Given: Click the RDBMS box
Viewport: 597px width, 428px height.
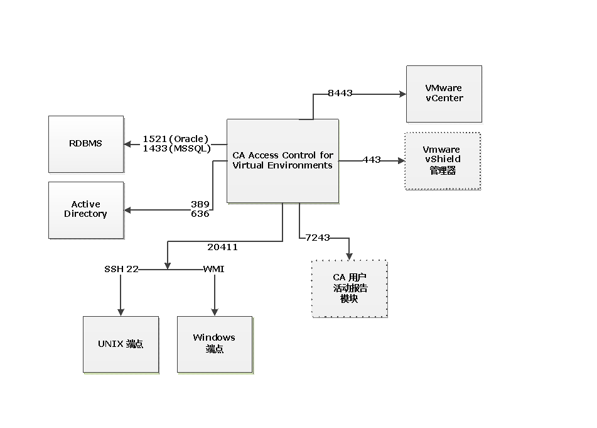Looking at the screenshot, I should pos(86,144).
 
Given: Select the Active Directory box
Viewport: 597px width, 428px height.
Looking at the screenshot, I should pos(86,210).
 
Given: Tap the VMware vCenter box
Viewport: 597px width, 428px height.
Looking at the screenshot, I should pos(444,94).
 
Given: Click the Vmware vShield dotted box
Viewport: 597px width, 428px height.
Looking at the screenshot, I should pos(443,161).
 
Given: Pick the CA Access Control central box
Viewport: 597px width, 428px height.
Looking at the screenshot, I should pos(282,161).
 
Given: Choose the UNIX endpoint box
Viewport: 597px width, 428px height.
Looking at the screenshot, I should pos(121,344).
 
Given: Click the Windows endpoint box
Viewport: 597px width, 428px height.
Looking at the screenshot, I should pos(215,344).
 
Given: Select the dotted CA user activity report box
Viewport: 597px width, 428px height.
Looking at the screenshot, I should pos(350,289).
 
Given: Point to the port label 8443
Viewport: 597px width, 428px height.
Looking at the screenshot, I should pos(340,93).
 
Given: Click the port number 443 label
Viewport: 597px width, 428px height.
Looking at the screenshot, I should pos(372,160).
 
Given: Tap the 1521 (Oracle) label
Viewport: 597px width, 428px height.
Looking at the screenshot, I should pos(176,139).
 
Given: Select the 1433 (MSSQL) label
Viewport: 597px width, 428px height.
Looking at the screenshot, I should pos(176,149).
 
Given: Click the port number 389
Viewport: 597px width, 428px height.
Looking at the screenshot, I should pos(200,204).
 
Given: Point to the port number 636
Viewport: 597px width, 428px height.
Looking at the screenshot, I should pos(200,214).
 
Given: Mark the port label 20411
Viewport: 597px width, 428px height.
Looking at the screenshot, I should pos(222,247).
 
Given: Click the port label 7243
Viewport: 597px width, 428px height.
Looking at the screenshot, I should pos(318,237).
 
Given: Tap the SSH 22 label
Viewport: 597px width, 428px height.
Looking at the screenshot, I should pos(121,269).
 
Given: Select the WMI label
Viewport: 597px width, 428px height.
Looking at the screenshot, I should pos(213,269).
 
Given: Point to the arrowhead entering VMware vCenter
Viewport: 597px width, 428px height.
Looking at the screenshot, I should pos(402,94).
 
